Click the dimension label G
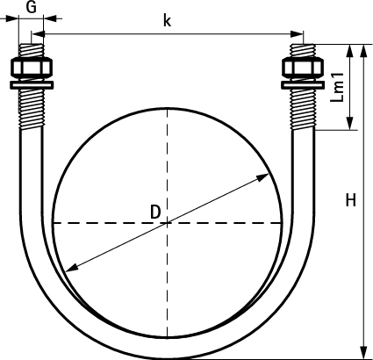pyautogui.click(x=31, y=7)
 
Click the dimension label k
pyautogui.click(x=167, y=20)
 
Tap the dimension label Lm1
pyautogui.click(x=337, y=87)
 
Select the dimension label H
pyautogui.click(x=351, y=200)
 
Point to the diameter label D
pyautogui.click(x=155, y=212)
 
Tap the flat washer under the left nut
pyautogui.click(x=32, y=85)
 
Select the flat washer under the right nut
pyautogui.click(x=303, y=85)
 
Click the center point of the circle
pyautogui.click(x=167, y=223)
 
